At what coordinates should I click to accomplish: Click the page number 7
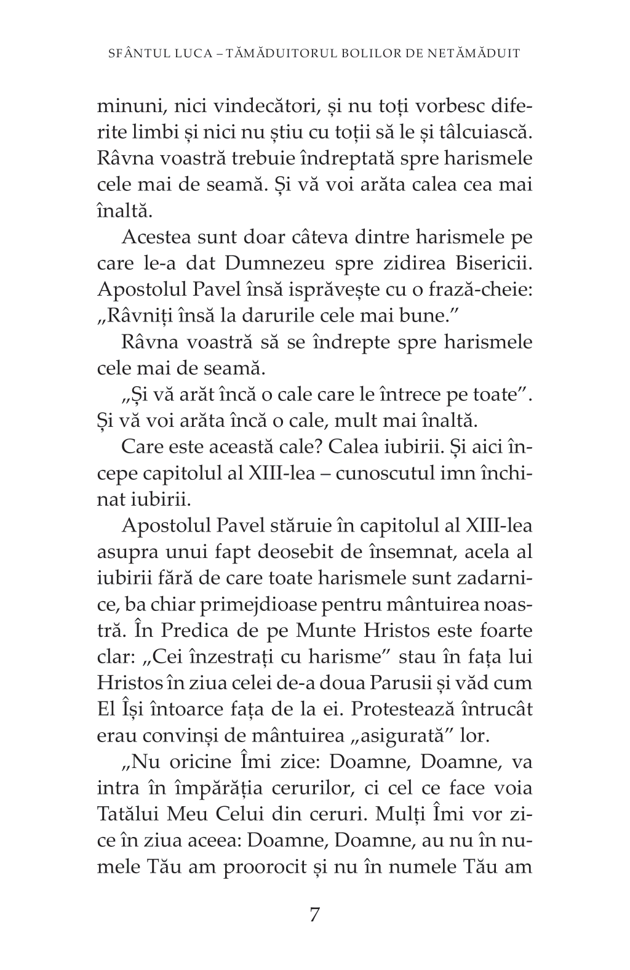click(x=314, y=915)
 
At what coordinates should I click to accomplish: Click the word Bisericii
click(x=493, y=264)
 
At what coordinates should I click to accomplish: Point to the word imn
click(x=450, y=474)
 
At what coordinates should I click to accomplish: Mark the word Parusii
click(x=436, y=684)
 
